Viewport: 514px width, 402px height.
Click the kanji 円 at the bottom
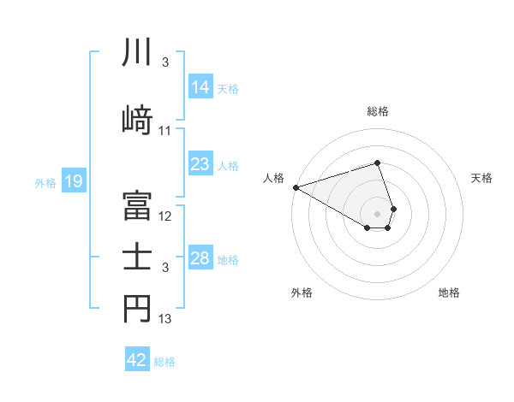coord(137,310)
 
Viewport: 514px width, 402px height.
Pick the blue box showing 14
coord(200,87)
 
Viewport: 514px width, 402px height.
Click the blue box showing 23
coord(200,164)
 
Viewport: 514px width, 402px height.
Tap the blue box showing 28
coord(200,258)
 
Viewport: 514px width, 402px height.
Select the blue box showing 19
coord(74,181)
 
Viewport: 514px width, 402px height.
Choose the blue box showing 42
coord(137,360)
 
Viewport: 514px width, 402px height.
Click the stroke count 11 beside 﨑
coord(165,131)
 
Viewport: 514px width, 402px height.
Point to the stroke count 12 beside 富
coord(165,216)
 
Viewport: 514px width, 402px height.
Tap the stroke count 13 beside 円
coord(165,320)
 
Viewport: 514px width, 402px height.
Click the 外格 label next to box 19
coord(45,182)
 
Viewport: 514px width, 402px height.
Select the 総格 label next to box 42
coord(164,361)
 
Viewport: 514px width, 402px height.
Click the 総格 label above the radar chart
coord(378,111)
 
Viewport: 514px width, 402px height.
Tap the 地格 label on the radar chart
coord(449,293)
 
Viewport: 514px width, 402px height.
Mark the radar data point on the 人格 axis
coord(296,186)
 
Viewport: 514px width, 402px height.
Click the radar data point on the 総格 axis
coord(378,163)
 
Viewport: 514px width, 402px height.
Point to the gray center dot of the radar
coord(378,212)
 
